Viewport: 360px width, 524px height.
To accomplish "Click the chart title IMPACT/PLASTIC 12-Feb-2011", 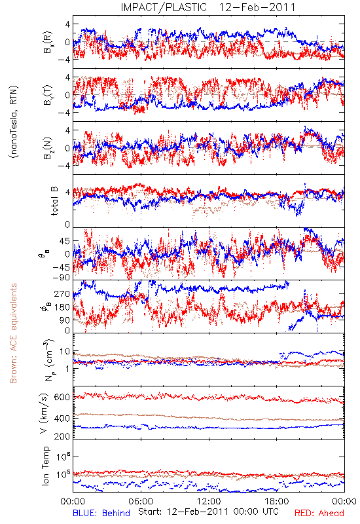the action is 208,7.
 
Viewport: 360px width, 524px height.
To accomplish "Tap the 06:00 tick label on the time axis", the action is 141,501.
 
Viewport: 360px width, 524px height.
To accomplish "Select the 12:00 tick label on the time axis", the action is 209,501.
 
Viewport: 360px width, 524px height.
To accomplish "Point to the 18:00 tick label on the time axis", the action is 277,501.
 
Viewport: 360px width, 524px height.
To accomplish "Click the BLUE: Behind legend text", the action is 101,513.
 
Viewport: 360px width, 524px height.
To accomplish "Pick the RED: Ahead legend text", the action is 319,513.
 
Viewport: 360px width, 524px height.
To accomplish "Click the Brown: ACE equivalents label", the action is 13,333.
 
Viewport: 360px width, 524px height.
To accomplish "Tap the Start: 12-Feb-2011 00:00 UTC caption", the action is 208,512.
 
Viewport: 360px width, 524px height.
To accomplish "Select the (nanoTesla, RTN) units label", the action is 14,122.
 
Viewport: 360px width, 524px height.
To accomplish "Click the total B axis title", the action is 54,201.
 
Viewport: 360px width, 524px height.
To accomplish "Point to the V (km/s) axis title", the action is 44,413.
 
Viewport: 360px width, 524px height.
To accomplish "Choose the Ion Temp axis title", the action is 45,466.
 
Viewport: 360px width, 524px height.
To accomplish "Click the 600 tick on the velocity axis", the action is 62,397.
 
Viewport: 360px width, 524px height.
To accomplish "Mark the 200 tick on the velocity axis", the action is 62,436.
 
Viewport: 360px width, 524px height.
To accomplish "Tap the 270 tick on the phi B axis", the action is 62,293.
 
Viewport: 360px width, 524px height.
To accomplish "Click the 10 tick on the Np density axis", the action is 65,351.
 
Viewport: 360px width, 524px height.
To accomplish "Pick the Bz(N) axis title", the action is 48,148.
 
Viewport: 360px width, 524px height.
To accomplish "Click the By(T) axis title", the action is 48,95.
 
